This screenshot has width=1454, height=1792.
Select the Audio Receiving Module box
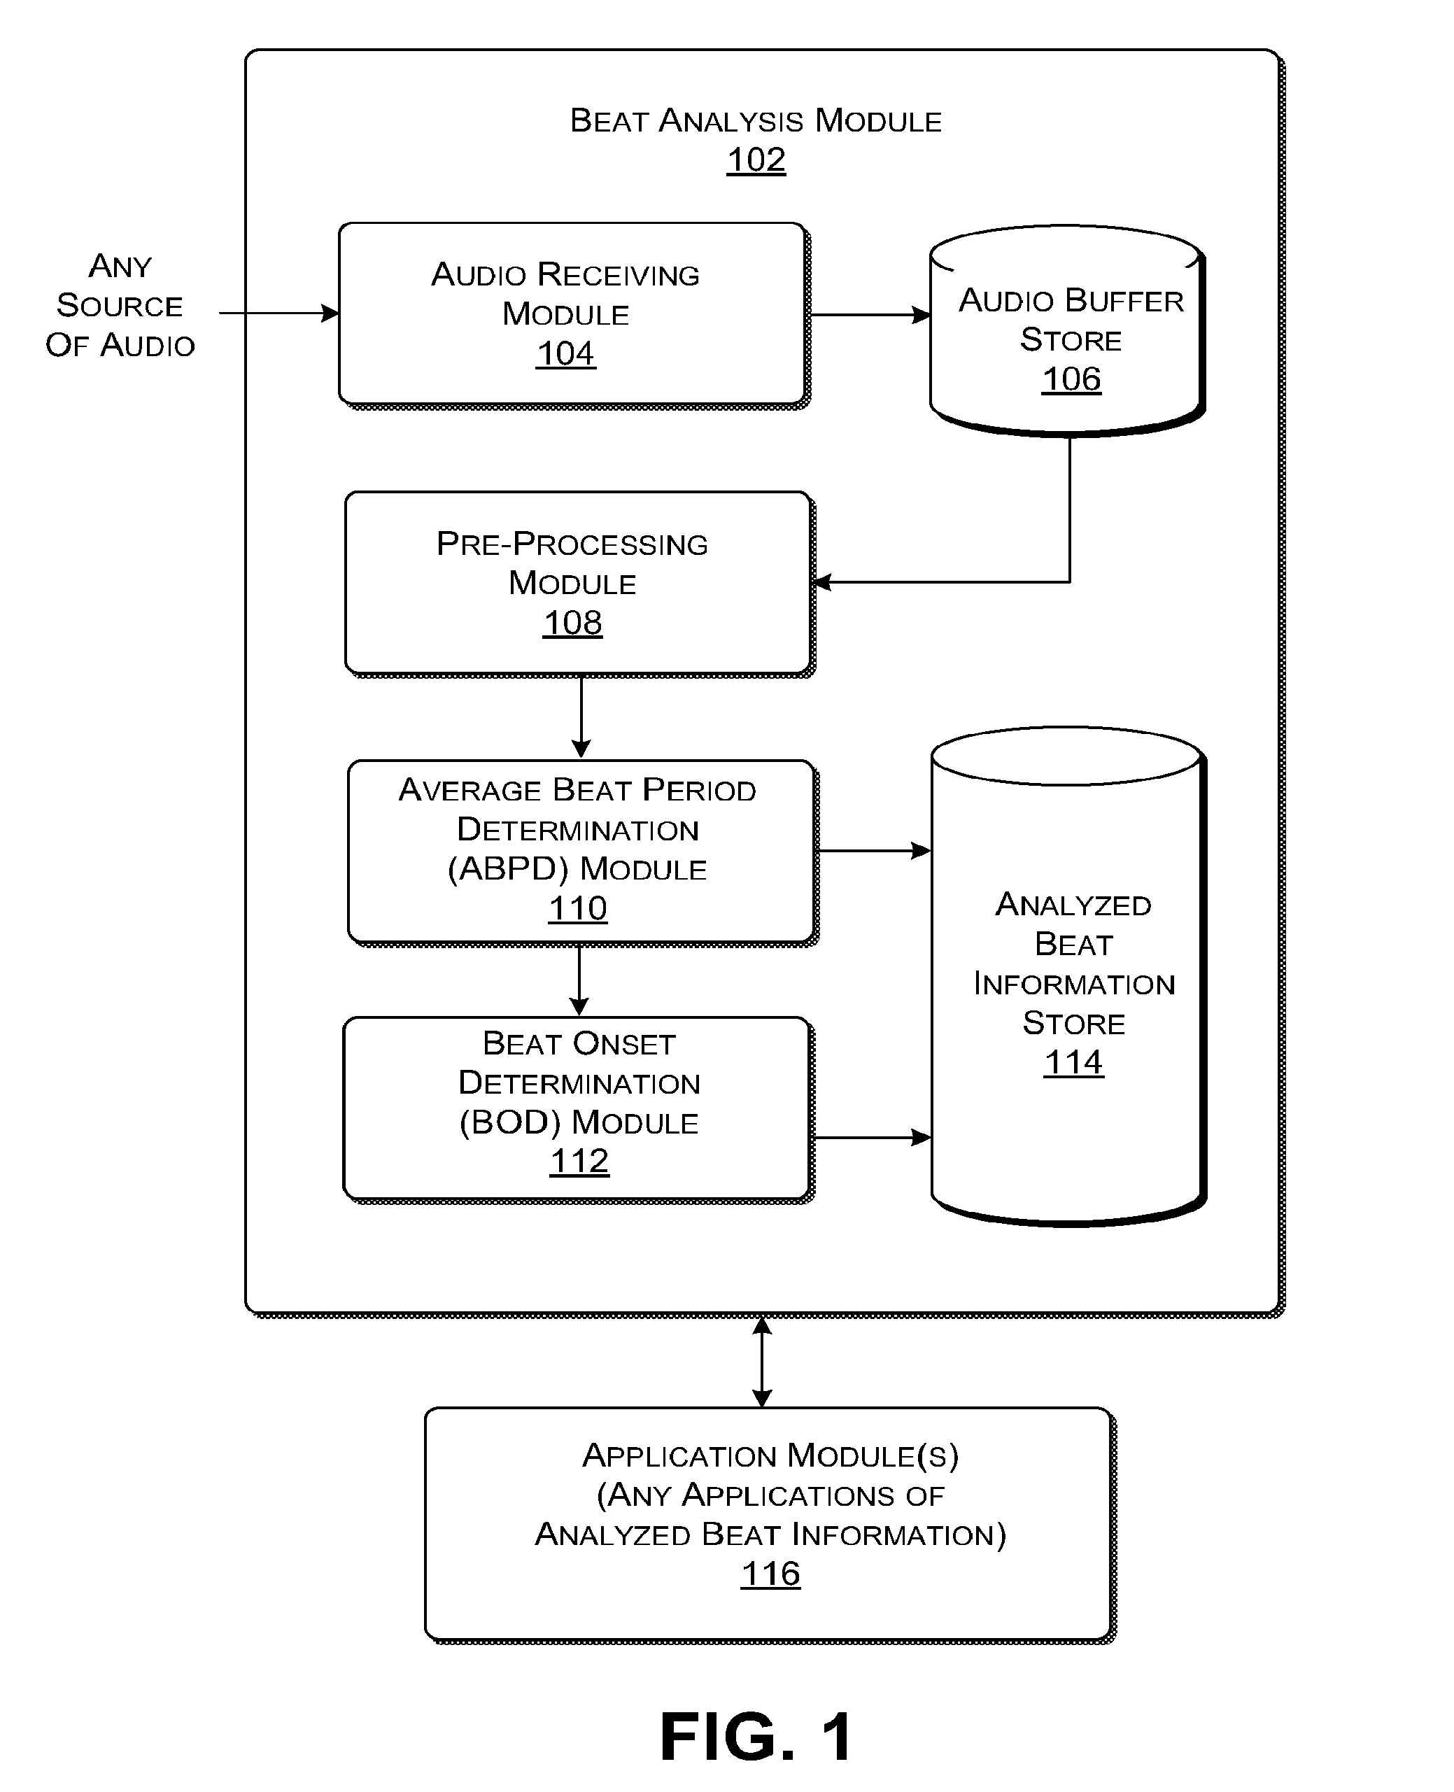click(574, 315)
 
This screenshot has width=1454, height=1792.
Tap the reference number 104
click(566, 353)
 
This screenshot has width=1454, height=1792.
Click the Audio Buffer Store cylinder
click(1067, 331)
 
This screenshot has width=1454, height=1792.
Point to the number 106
click(1071, 379)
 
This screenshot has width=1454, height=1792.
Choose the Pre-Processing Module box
click(579, 584)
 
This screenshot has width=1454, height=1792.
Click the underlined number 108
click(572, 623)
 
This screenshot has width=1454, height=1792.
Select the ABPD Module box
click(582, 852)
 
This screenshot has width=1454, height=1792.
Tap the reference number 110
click(578, 908)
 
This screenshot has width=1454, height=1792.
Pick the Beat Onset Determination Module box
click(578, 1110)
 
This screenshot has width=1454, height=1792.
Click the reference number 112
click(579, 1162)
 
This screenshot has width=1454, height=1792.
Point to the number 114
click(1074, 1063)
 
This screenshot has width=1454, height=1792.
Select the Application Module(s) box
click(770, 1525)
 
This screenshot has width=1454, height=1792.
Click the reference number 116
click(770, 1574)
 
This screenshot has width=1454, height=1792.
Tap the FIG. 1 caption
click(756, 1737)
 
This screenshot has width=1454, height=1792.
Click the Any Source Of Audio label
click(120, 306)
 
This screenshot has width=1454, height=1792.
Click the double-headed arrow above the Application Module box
click(762, 1362)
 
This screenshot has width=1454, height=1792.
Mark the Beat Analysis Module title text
click(756, 122)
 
